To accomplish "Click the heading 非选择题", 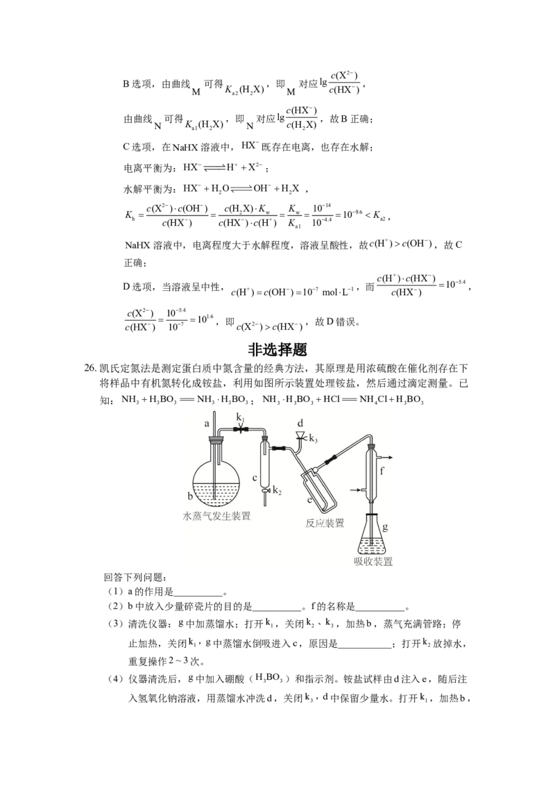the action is (x=277, y=349).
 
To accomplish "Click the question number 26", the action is (x=89, y=369).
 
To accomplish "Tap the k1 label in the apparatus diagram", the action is (x=241, y=417).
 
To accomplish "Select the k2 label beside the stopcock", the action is (x=277, y=491).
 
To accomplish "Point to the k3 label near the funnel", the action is (x=314, y=439).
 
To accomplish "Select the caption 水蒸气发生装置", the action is (x=216, y=517).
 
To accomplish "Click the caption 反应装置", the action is (x=325, y=524).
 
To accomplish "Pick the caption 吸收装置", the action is (x=373, y=562).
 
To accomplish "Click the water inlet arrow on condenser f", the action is (x=360, y=490).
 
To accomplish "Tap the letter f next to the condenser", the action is (x=382, y=471).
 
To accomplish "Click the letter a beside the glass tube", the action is (x=207, y=424).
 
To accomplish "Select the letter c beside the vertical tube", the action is (x=255, y=478).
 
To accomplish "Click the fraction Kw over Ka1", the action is (x=295, y=216).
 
